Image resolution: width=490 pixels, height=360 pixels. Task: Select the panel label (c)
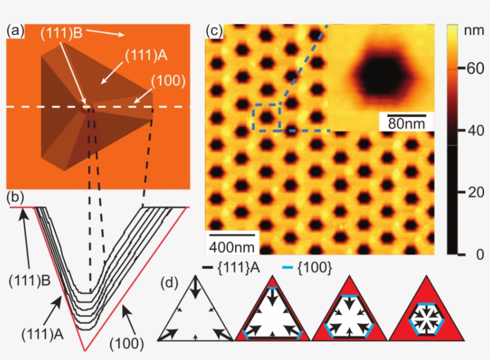click(x=213, y=30)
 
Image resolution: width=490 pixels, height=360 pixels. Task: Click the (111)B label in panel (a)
click(x=62, y=35)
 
